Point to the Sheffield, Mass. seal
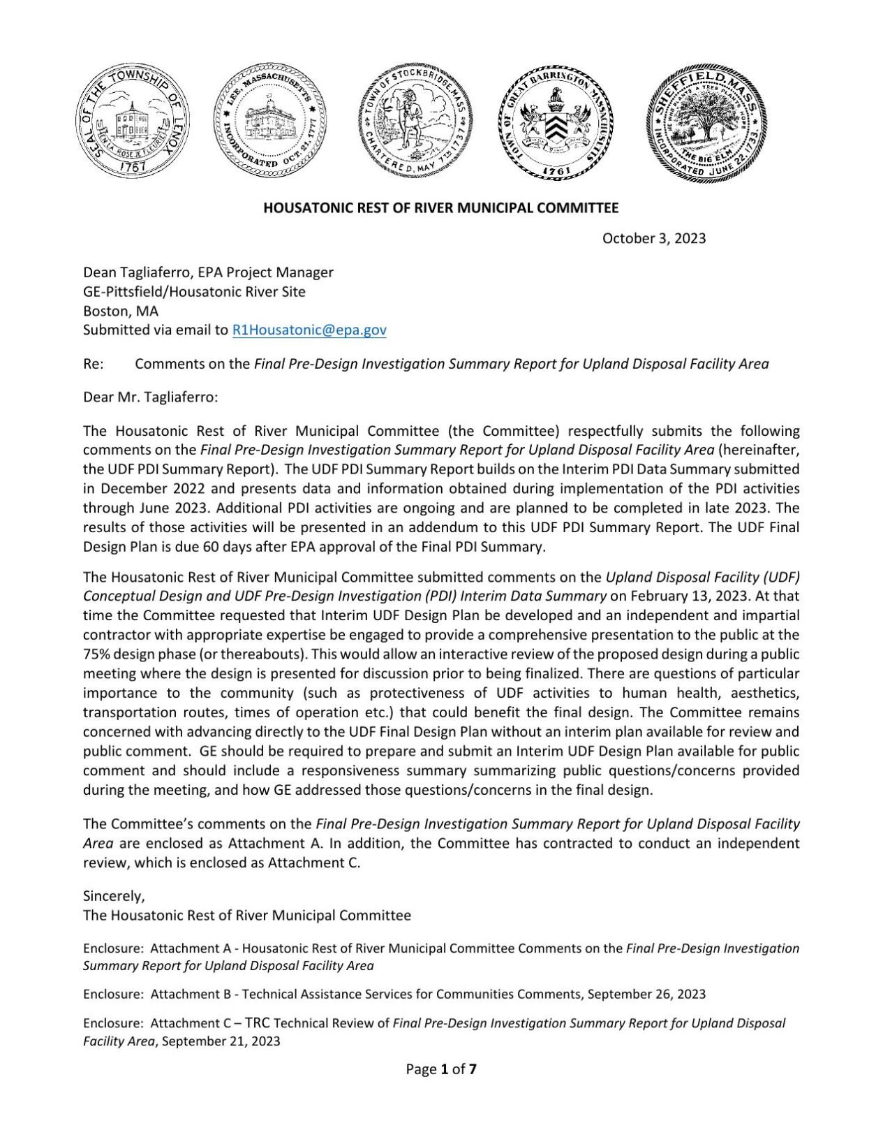(706, 123)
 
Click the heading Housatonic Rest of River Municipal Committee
(440, 207)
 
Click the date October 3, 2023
(653, 238)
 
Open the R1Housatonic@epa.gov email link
(309, 330)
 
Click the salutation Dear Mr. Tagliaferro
(151, 397)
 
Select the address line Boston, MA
(121, 311)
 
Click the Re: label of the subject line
(93, 364)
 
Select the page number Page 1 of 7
(441, 1069)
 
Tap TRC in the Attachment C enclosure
(258, 1023)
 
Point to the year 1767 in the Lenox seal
(132, 167)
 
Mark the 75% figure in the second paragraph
(96, 654)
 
